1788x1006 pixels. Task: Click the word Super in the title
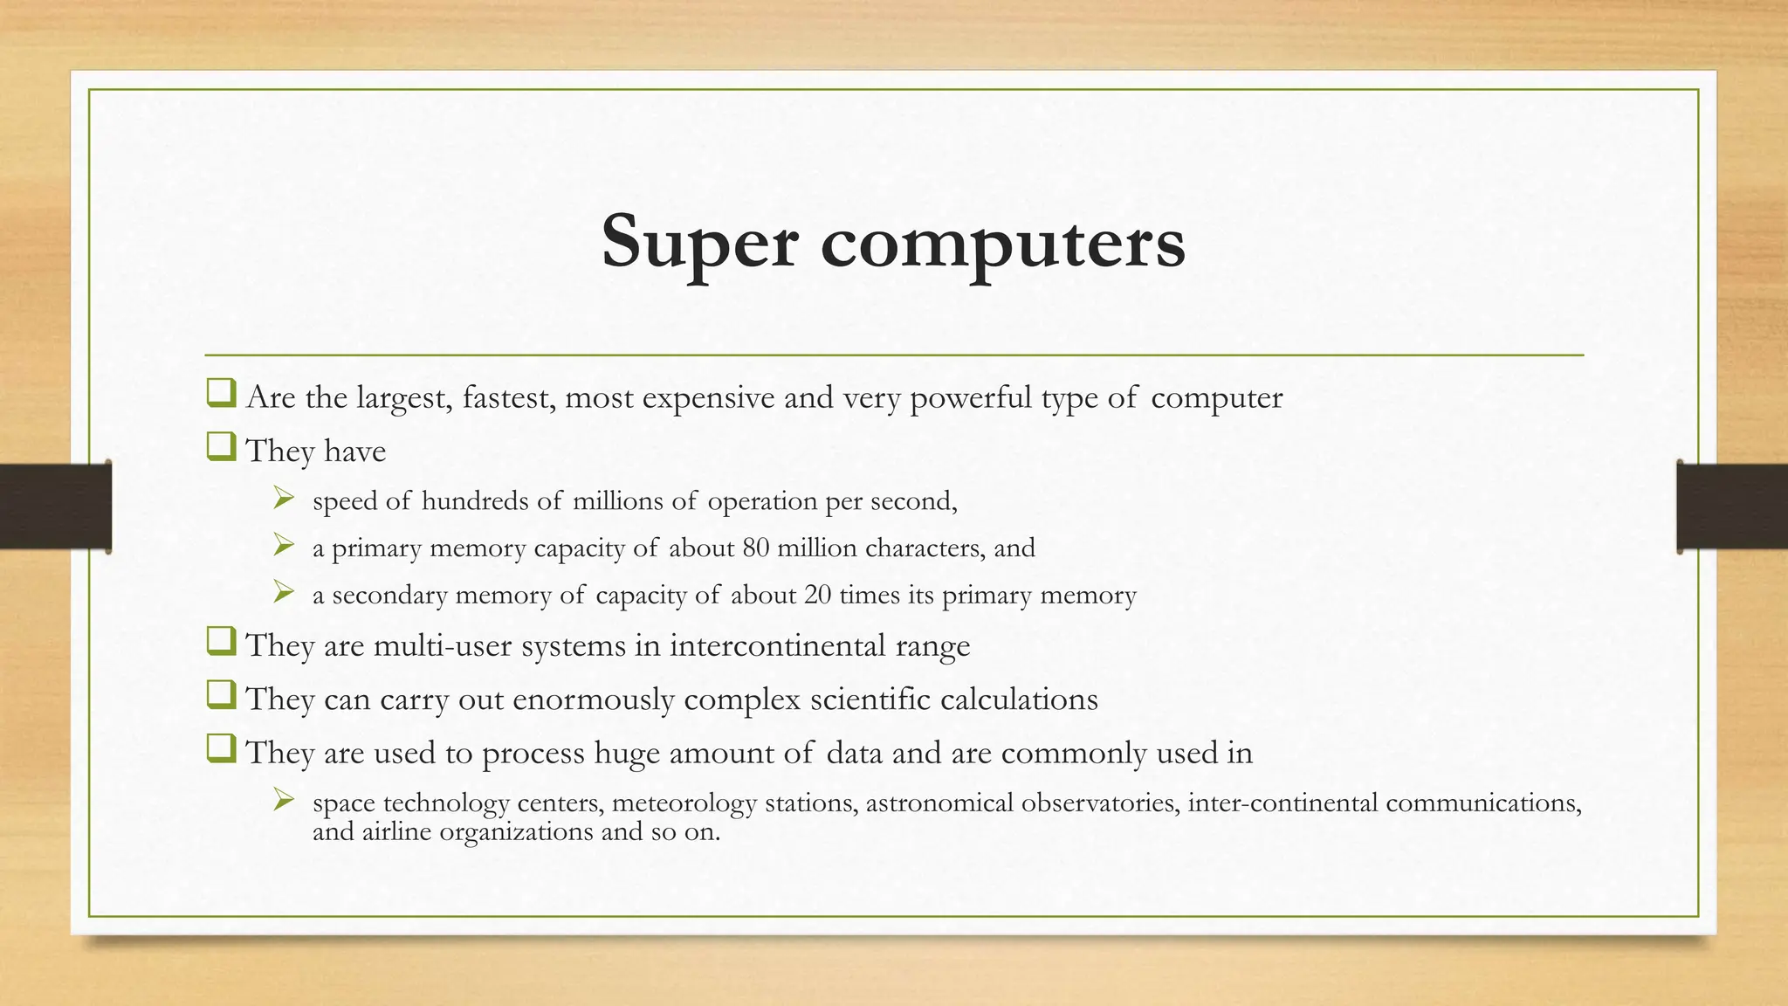pos(699,242)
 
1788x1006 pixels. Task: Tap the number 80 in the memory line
pos(755,548)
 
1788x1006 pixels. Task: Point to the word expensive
pos(708,398)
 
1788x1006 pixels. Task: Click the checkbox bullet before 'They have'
pos(221,448)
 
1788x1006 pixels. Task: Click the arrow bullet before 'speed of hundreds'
pos(283,499)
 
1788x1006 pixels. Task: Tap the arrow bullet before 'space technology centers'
pos(283,800)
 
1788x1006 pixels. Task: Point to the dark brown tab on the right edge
pos(1732,506)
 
